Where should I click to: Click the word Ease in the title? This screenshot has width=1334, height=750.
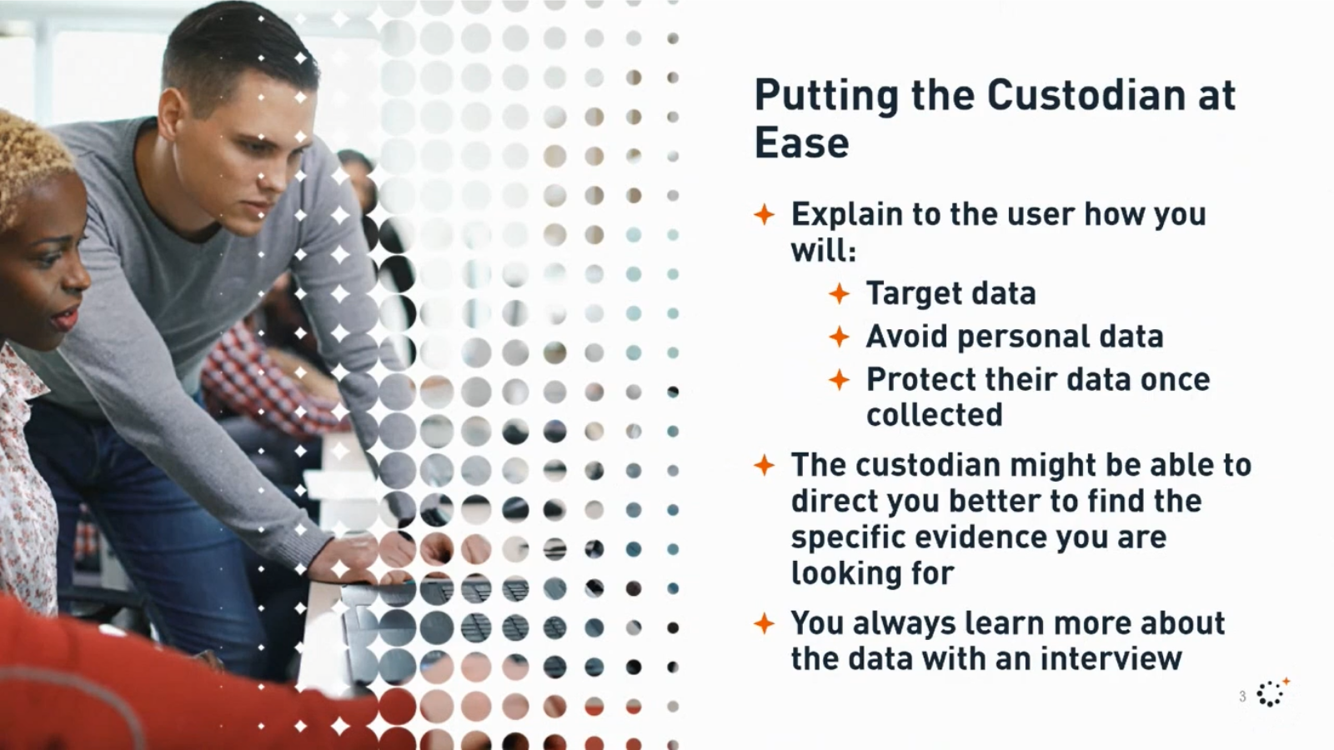801,143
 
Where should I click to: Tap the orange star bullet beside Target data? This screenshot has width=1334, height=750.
839,293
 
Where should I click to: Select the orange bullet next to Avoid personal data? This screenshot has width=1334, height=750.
839,337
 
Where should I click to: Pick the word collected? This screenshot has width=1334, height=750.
935,415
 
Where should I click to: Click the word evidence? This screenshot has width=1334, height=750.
980,537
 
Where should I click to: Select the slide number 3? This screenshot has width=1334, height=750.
1242,697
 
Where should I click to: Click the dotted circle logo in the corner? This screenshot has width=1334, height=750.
1272,692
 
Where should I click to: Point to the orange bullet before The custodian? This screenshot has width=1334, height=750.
764,466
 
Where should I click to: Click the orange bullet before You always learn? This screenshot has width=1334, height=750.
764,624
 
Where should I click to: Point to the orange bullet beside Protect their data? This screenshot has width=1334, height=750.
839,380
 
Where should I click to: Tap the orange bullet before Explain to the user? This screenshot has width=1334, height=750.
764,214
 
